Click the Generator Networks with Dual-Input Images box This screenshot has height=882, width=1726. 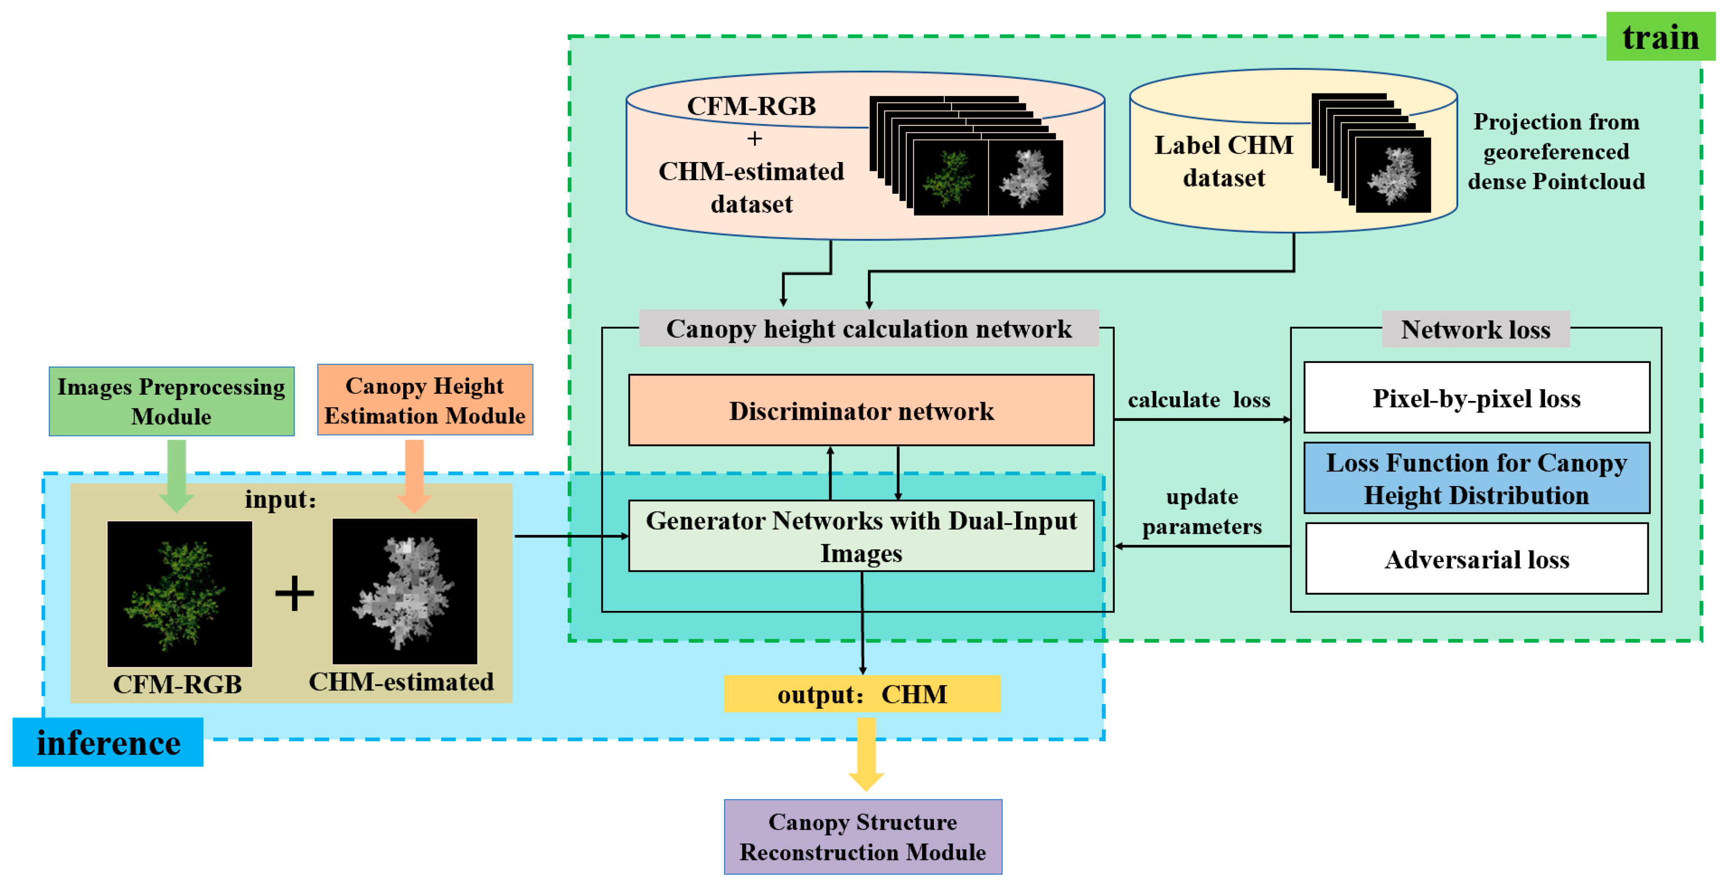point(861,536)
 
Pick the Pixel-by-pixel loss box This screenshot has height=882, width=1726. point(1476,398)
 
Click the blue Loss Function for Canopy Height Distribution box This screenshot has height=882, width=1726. point(1476,478)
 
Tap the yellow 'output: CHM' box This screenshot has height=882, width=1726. point(862,694)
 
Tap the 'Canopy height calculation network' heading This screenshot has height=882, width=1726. point(868,328)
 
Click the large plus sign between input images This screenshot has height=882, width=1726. point(294,593)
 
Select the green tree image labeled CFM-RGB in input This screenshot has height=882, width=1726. point(180,593)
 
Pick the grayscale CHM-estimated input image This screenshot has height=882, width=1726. point(405,591)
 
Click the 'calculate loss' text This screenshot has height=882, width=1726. point(1199,399)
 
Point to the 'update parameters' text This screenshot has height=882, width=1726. point(1201,511)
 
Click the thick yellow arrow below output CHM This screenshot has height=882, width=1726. point(866,753)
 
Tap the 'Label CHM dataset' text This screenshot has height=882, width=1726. point(1223,161)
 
